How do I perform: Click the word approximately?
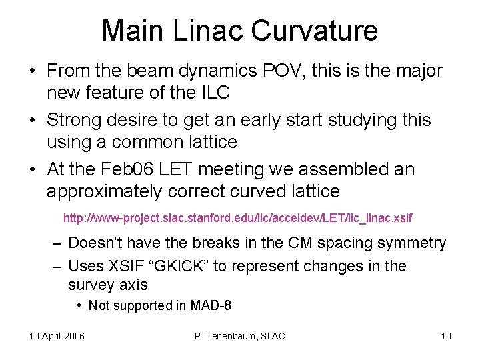(x=104, y=192)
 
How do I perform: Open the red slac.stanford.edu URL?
(x=237, y=218)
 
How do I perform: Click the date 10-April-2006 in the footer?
(x=57, y=336)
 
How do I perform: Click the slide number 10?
(x=445, y=336)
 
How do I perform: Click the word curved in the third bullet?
(x=249, y=192)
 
